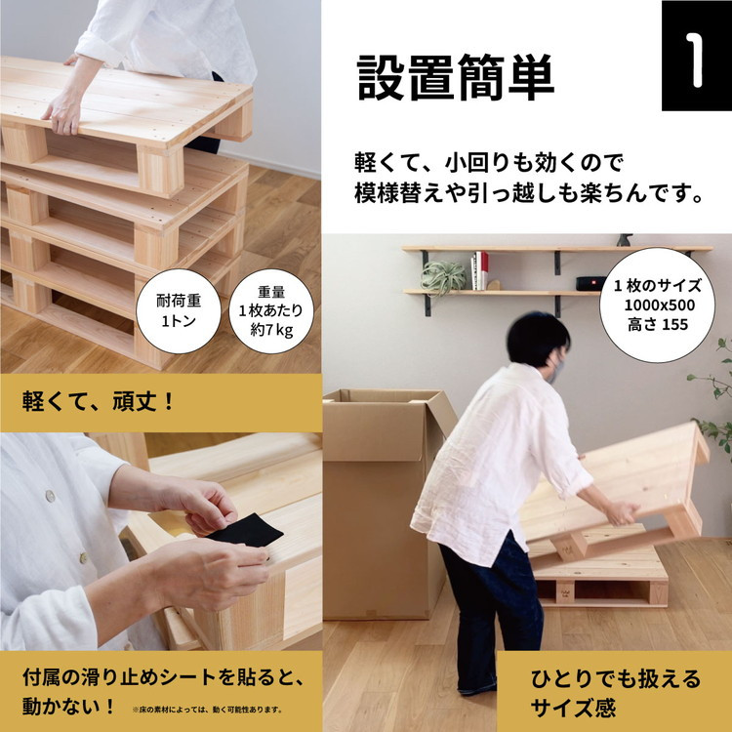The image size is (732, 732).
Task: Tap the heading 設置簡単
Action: point(456,77)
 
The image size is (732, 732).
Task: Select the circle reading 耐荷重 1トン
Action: point(179,311)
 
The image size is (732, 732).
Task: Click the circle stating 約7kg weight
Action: point(271,311)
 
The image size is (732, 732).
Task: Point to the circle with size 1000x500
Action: point(657,305)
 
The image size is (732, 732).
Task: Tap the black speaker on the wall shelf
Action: point(590,283)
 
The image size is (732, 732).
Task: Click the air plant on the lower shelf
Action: point(442,276)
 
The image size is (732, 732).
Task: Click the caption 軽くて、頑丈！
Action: point(98,401)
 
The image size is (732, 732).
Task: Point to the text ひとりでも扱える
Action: point(616,678)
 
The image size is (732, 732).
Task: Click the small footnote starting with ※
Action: point(207,710)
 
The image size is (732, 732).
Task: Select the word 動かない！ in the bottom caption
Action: point(67,707)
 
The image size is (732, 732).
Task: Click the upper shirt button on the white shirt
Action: point(50,496)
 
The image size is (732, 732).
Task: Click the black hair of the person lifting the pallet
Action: point(537,337)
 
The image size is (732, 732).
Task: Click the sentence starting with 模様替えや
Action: point(529,193)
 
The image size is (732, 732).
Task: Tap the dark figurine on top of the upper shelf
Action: point(625,240)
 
